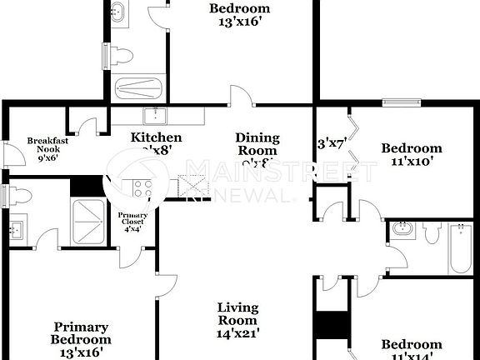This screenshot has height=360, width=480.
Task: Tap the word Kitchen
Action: pos(156,137)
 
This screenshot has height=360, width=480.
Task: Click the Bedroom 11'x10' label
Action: pos(412,155)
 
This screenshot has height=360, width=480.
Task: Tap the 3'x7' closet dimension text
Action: pos(331,142)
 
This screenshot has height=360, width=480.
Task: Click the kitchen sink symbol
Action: pos(155,116)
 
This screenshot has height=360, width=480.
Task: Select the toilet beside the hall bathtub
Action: pos(431,234)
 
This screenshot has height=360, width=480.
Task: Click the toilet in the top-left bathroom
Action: pos(120,56)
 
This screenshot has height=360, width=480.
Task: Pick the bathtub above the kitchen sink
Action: pos(140,87)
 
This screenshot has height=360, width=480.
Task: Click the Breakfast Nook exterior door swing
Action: pos(11,156)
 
